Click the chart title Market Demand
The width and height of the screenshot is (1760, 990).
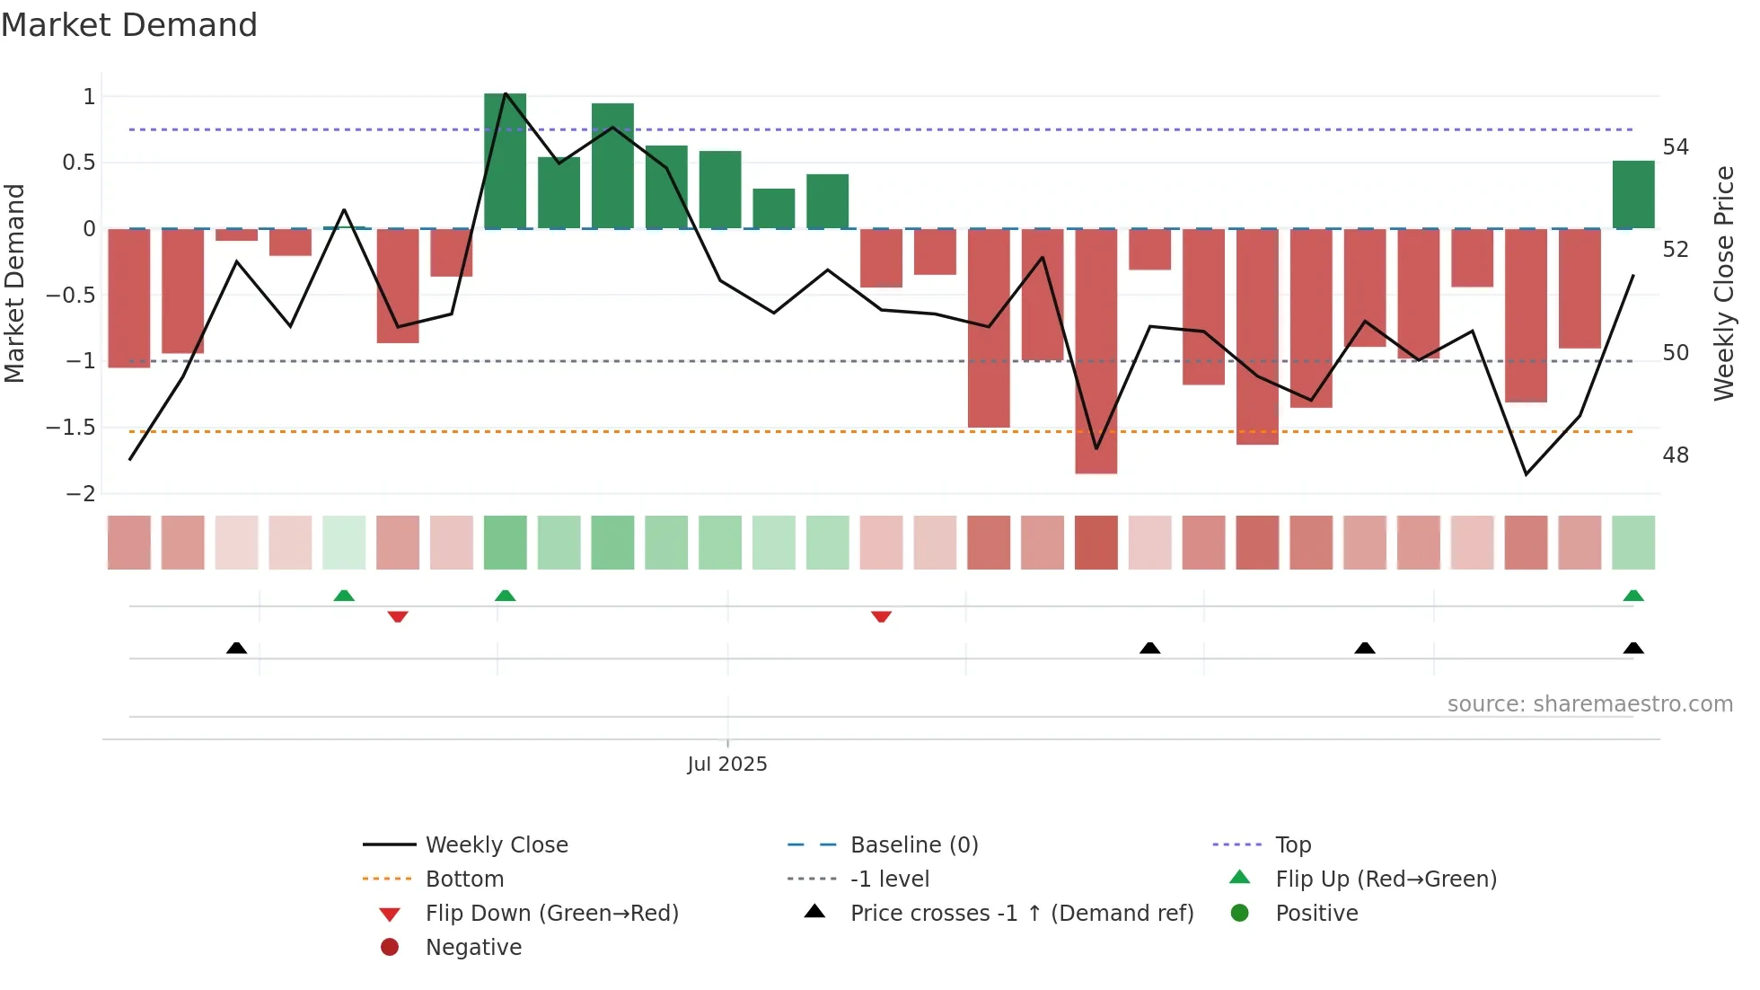coord(129,25)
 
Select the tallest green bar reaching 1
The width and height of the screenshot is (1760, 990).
coord(505,162)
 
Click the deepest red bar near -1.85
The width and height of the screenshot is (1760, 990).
coord(1096,350)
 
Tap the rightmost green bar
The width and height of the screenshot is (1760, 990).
coord(1632,195)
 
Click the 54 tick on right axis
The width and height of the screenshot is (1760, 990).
coord(1675,147)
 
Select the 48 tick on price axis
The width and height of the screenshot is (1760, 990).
coord(1675,455)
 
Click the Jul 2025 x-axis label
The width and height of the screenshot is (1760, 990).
coord(726,765)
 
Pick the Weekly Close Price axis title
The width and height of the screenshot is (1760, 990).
coord(1723,283)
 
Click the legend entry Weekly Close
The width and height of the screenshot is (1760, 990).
coord(496,845)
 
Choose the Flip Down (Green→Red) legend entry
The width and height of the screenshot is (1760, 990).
coord(551,914)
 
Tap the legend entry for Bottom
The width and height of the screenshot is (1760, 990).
coord(464,880)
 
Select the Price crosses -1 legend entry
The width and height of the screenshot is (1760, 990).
coord(1021,914)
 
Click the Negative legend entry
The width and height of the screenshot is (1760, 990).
coord(473,948)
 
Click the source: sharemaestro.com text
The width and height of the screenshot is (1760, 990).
coord(1589,704)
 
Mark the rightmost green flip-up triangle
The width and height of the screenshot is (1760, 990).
coord(1632,596)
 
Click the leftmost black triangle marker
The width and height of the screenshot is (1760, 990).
coord(236,648)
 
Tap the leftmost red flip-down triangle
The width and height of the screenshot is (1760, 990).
coord(398,616)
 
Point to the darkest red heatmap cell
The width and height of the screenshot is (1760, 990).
coord(1096,543)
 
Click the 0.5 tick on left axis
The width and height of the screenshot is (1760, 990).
coord(78,163)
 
